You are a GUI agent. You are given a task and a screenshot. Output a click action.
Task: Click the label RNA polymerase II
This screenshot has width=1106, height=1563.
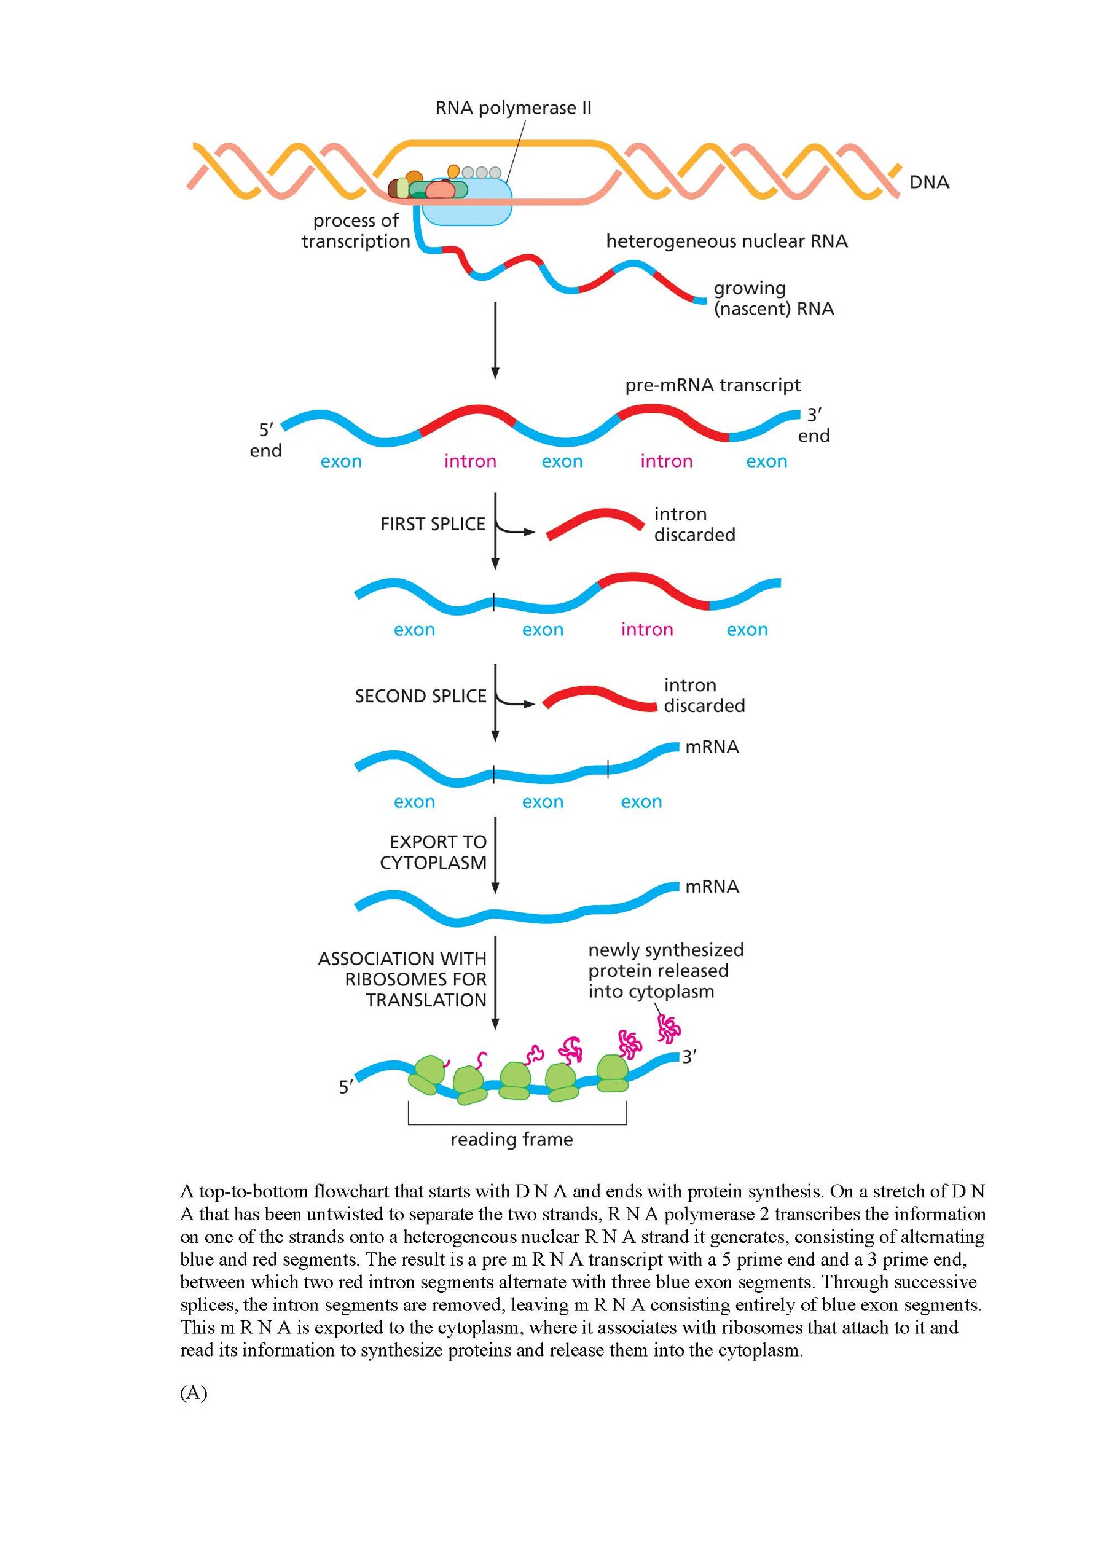pyautogui.click(x=514, y=108)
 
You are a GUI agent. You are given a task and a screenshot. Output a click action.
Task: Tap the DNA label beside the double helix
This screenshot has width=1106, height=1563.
pyautogui.click(x=929, y=182)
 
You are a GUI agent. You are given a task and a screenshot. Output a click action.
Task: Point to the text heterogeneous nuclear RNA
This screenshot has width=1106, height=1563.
pyautogui.click(x=727, y=241)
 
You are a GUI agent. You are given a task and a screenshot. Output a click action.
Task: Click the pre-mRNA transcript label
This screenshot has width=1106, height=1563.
pyautogui.click(x=712, y=385)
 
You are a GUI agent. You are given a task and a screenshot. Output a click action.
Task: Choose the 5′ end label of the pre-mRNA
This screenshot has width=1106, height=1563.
pyautogui.click(x=265, y=440)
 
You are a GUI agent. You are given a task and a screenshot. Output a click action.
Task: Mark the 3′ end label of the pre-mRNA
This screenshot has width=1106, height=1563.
pyautogui.click(x=814, y=425)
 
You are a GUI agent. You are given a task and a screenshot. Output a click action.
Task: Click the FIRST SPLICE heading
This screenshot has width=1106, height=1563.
pyautogui.click(x=433, y=523)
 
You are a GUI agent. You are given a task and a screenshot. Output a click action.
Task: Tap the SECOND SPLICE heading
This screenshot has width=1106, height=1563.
pyautogui.click(x=421, y=696)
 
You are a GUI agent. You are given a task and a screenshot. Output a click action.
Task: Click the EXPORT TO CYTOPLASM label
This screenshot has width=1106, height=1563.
pyautogui.click(x=433, y=852)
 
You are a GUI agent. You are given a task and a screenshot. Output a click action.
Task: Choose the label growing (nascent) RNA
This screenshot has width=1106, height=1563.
pyautogui.click(x=774, y=299)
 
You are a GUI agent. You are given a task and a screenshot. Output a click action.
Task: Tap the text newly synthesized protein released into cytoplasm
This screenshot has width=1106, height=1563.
pyautogui.click(x=666, y=971)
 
